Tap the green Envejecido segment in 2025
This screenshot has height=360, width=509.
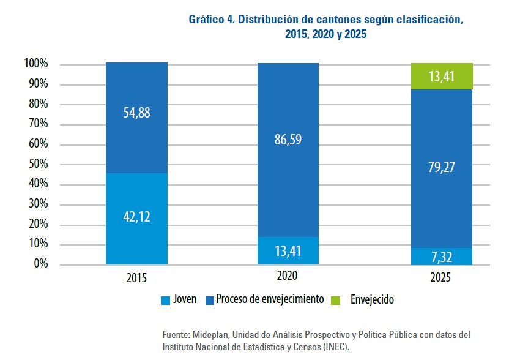[x=442, y=77]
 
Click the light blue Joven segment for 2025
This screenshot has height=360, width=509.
[x=442, y=257]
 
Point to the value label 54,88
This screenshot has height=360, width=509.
[x=136, y=113]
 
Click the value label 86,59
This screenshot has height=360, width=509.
[x=288, y=140]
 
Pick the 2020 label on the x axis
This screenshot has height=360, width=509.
[x=288, y=276]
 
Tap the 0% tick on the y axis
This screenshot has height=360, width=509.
[x=40, y=264]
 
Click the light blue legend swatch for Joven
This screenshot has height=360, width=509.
[x=165, y=300]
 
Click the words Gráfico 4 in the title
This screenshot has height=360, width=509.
[x=211, y=20]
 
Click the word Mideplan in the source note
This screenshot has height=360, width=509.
[x=212, y=336]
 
